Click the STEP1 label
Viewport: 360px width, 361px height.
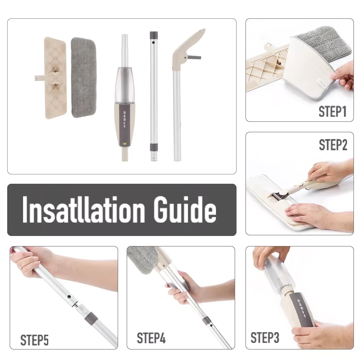(x=332, y=112)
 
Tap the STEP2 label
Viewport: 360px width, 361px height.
(x=333, y=145)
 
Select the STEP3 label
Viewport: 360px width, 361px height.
(x=265, y=338)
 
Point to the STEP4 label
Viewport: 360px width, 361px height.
(x=151, y=338)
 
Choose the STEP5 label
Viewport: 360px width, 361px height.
(x=35, y=340)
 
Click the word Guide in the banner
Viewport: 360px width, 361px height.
(x=185, y=210)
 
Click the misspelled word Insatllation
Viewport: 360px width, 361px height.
(x=84, y=210)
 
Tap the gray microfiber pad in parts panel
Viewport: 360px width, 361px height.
(x=83, y=77)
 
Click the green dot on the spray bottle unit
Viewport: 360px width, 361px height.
(x=125, y=144)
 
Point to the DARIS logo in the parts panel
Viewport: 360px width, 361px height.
(x=125, y=120)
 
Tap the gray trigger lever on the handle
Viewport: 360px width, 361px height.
(x=194, y=57)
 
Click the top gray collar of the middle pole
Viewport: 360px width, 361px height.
(x=154, y=35)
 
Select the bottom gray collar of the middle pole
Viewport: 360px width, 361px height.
(x=154, y=147)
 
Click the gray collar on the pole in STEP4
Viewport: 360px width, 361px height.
(x=207, y=321)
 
